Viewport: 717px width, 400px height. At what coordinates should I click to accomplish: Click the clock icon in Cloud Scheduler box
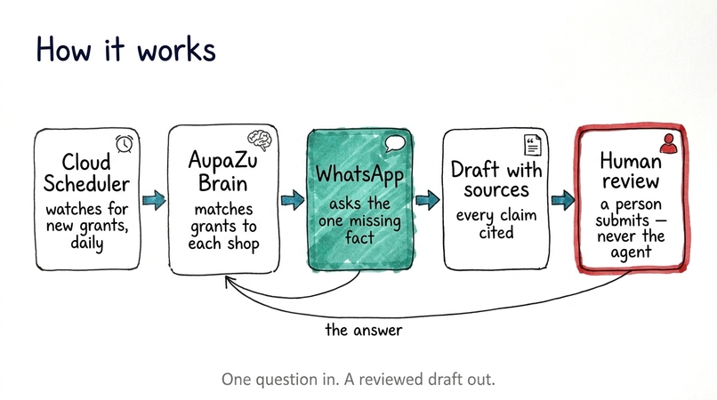click(124, 143)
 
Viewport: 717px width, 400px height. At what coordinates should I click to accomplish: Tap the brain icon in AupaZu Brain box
click(259, 140)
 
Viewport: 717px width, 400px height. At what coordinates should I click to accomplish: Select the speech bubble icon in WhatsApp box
click(395, 143)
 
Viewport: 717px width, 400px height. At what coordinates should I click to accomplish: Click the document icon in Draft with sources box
click(532, 145)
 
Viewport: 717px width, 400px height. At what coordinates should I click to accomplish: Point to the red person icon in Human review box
click(669, 143)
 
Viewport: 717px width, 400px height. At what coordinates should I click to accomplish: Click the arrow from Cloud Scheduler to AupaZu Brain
click(154, 200)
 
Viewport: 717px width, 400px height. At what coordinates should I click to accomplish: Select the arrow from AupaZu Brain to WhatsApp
click(293, 200)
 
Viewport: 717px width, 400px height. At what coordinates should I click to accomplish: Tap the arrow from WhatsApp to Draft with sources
click(428, 200)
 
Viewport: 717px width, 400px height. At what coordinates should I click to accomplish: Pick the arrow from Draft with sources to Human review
click(563, 200)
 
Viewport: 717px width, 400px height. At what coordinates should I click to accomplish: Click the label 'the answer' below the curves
click(364, 330)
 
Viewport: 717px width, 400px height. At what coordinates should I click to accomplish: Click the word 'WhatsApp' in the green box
click(359, 174)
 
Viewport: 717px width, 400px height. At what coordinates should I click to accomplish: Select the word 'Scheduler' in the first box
click(86, 184)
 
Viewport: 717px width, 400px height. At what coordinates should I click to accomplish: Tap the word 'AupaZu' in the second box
click(222, 160)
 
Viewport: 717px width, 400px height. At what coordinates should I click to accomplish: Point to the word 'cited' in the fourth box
click(496, 233)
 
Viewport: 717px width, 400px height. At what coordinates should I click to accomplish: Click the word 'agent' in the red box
click(631, 252)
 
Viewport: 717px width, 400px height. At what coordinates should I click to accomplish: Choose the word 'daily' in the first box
click(87, 243)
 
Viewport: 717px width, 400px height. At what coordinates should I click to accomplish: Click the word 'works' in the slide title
click(176, 50)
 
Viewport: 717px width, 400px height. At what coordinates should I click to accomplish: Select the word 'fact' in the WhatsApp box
click(359, 237)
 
